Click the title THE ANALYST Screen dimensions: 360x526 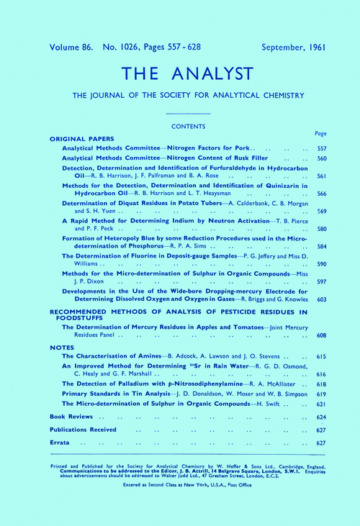180,75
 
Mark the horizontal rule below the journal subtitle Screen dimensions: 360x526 188,114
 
